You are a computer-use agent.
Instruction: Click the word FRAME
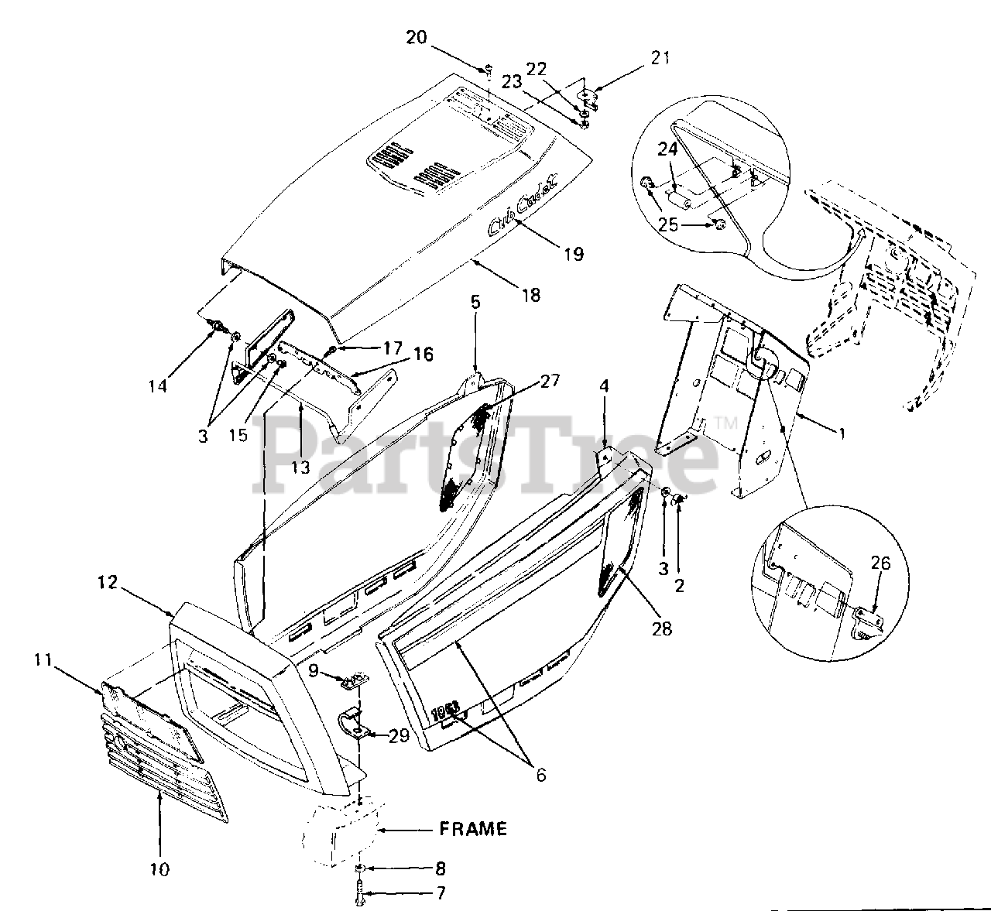click(x=473, y=829)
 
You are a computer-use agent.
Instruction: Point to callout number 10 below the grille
click(x=159, y=870)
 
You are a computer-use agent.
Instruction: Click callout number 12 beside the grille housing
click(x=108, y=583)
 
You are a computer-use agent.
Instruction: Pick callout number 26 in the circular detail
click(x=880, y=563)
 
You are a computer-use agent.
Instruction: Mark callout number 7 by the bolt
click(x=441, y=893)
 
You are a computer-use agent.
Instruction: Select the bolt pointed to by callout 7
click(x=362, y=893)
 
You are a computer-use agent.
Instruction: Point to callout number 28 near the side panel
click(x=661, y=628)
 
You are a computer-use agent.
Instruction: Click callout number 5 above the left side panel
click(x=475, y=302)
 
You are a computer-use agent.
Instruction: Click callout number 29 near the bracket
click(x=399, y=736)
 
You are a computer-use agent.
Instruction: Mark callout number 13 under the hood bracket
click(x=300, y=467)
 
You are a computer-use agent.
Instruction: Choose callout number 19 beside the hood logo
click(x=574, y=253)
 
